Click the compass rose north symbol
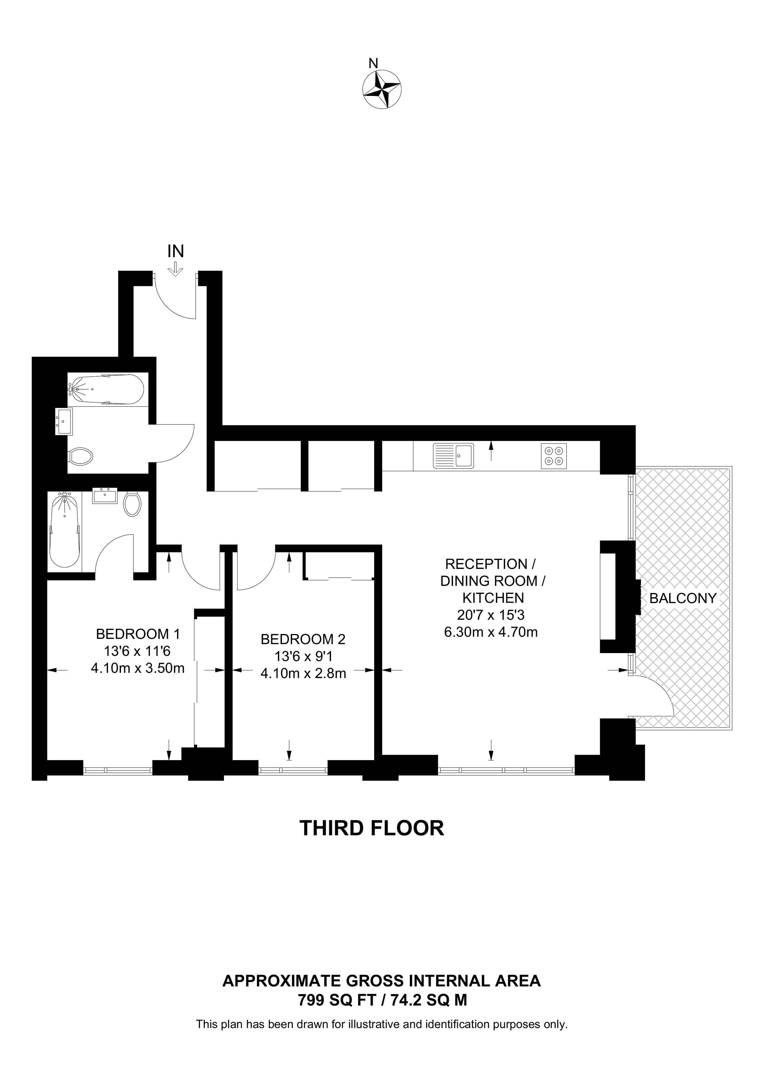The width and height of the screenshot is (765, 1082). tap(382, 89)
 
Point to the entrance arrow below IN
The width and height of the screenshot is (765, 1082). tap(175, 269)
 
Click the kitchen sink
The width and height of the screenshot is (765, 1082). tap(453, 456)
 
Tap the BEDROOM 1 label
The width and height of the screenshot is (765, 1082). tap(138, 634)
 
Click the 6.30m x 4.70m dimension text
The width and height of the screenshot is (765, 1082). tap(491, 632)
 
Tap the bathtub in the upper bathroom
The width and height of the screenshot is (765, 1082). tap(106, 389)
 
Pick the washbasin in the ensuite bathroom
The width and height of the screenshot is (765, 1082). tap(104, 496)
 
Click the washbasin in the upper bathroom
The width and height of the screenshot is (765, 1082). tap(64, 421)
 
